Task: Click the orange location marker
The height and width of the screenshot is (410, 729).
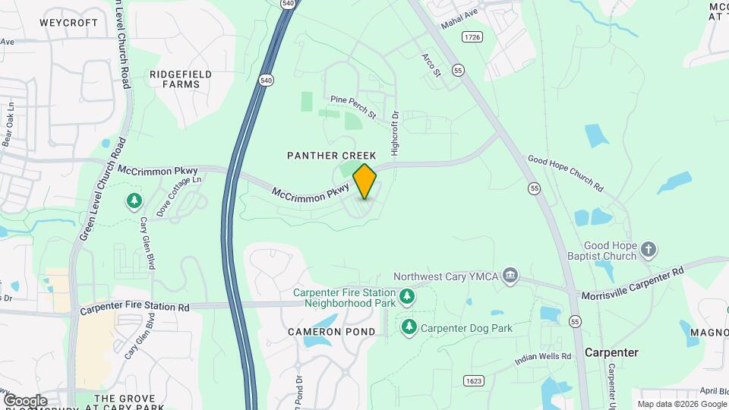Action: click(x=364, y=181)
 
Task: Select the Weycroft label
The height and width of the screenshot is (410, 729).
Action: click(x=69, y=23)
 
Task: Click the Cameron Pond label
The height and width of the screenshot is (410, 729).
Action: click(x=331, y=332)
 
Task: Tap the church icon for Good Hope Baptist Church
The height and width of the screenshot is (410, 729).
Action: click(x=648, y=249)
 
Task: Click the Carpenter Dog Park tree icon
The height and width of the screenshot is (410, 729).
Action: click(x=409, y=327)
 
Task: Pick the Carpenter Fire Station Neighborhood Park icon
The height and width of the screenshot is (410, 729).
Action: click(x=408, y=296)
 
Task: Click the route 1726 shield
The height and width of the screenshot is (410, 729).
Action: click(x=472, y=37)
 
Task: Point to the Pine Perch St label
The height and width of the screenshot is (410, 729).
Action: click(x=354, y=107)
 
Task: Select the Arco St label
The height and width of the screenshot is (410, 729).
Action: click(x=432, y=65)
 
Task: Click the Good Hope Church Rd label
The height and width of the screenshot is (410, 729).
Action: click(x=565, y=173)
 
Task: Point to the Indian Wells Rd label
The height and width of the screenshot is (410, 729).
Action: click(x=542, y=357)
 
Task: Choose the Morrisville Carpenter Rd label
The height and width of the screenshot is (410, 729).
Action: click(x=633, y=282)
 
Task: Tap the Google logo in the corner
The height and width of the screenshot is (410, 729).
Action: click(x=25, y=400)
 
